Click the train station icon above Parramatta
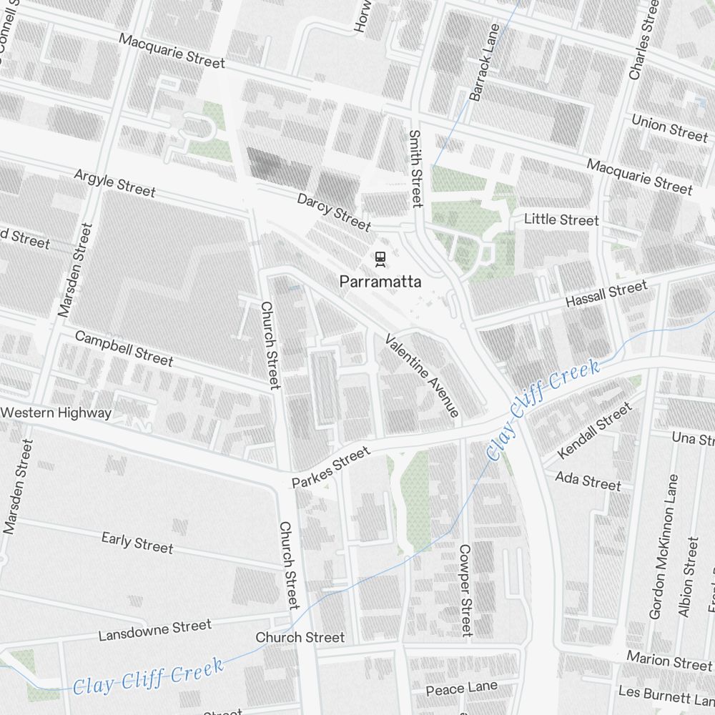pyautogui.click(x=380, y=258)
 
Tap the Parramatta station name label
pyautogui.click(x=380, y=282)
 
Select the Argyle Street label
pyautogui.click(x=115, y=183)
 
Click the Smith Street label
pyautogui.click(x=415, y=169)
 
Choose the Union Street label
pyautogui.click(x=669, y=127)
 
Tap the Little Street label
pyautogui.click(x=561, y=220)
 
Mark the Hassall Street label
pyautogui.click(x=606, y=294)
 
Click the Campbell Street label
pyautogui.click(x=124, y=348)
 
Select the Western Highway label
pyautogui.click(x=56, y=413)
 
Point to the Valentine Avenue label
pyautogui.click(x=422, y=375)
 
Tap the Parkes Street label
pyautogui.click(x=331, y=467)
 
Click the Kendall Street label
pyautogui.click(x=594, y=431)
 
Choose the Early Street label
pyautogui.click(x=137, y=542)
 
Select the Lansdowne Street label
pyautogui.click(x=155, y=630)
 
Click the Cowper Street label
pyautogui.click(x=465, y=590)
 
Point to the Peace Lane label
pyautogui.click(x=461, y=689)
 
